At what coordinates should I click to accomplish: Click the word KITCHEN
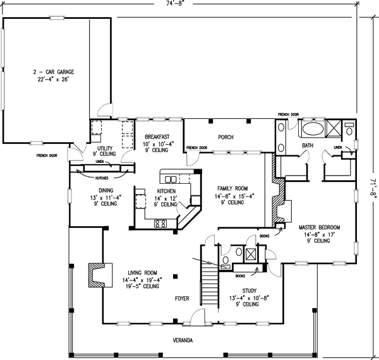[x=167, y=191]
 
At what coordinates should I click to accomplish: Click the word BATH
[x=307, y=146]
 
